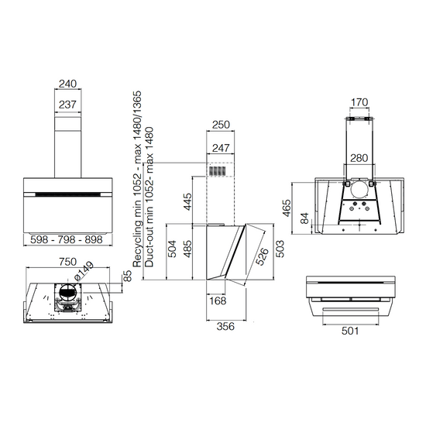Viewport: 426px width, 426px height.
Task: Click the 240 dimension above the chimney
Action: tap(67, 84)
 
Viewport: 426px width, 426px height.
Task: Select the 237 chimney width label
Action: tap(67, 105)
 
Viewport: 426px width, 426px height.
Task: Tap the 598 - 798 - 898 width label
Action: tap(67, 239)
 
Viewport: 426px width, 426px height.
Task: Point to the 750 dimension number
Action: tap(68, 262)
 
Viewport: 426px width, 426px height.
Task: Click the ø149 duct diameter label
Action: tap(84, 270)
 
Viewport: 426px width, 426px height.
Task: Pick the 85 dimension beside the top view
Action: tap(128, 276)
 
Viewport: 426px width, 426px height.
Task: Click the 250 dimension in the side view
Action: tap(221, 125)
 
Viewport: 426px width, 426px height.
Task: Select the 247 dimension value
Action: tap(221, 148)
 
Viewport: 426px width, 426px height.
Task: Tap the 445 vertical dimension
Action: tap(187, 202)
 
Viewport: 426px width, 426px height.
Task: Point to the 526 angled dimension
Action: tap(262, 256)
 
